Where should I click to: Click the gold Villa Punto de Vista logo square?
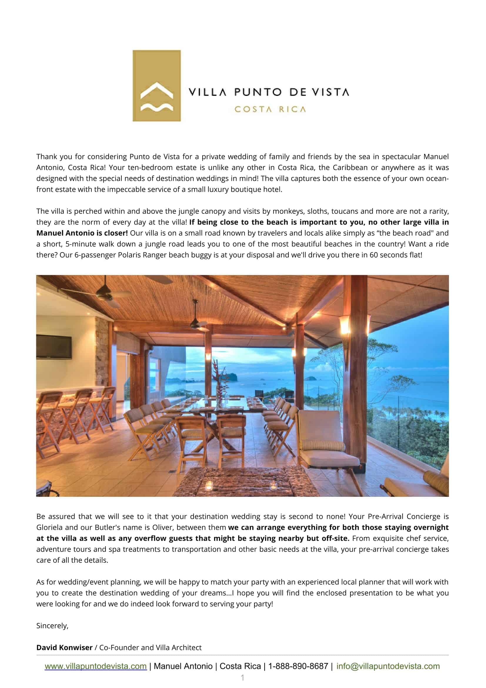(157, 86)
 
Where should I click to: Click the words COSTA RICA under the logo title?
(270, 109)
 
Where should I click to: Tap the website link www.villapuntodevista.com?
(96, 666)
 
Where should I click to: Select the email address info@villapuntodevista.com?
(388, 666)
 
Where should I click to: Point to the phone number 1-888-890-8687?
(298, 666)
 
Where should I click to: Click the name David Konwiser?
(64, 647)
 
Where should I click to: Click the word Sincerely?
(52, 626)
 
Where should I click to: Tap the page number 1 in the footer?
(243, 678)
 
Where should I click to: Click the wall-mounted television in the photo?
(54, 347)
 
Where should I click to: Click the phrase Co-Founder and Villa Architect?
(150, 647)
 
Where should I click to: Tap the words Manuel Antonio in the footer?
(183, 666)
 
